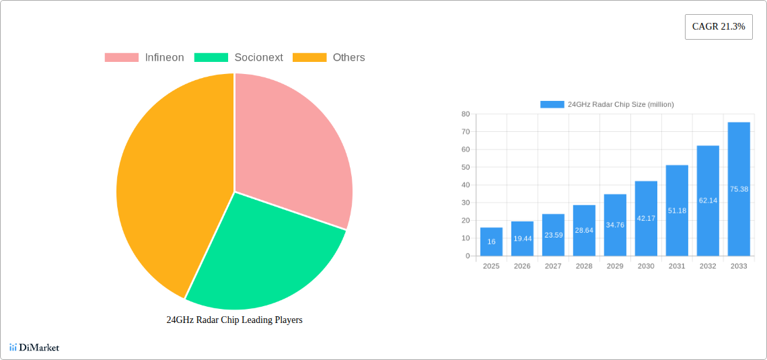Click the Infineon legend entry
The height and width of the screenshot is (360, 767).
tap(144, 58)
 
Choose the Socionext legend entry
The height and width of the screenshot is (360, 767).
tap(239, 58)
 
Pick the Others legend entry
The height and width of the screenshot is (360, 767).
tap(329, 58)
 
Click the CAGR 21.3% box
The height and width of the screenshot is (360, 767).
tap(719, 27)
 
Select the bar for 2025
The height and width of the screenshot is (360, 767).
tap(491, 242)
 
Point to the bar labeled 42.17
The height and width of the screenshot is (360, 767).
tap(646, 219)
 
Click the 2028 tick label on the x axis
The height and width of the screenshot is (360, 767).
tap(584, 266)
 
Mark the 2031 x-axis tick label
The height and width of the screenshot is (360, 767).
tap(677, 266)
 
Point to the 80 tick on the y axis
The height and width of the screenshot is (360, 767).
tap(466, 114)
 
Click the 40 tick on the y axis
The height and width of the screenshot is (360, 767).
tap(466, 185)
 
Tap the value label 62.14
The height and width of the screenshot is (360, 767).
tap(708, 201)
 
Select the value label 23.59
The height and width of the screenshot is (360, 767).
tap(553, 236)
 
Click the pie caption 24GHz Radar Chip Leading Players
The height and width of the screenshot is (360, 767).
tap(234, 320)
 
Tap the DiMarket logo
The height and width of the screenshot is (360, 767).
tap(34, 348)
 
